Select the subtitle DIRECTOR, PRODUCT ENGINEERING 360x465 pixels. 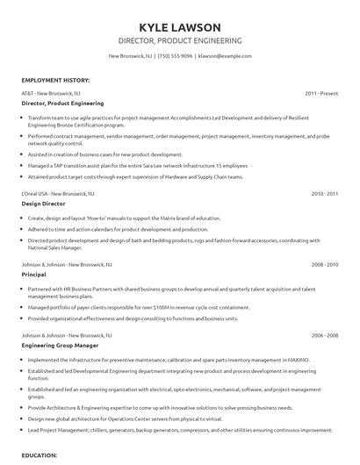coord(179,40)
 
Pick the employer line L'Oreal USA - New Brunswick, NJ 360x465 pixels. coord(61,191)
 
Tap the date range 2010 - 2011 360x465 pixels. coord(324,191)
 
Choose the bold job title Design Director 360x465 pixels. coord(43,202)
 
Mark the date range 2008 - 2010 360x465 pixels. coord(324,262)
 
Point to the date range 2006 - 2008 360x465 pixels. coord(324,334)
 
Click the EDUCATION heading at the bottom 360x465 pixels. coord(39,456)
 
